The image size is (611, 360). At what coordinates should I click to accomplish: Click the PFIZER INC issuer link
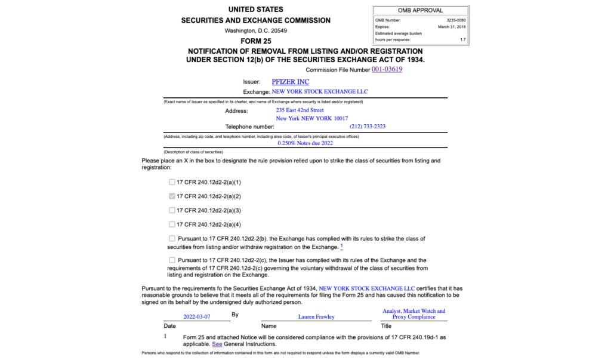pos(290,82)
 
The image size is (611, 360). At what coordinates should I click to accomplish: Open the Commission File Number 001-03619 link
pos(387,69)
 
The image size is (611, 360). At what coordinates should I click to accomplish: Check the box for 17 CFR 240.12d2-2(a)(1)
pos(172,182)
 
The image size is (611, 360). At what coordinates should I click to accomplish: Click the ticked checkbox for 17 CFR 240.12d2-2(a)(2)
pos(172,196)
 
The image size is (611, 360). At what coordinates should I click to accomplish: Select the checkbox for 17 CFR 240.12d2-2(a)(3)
pos(172,210)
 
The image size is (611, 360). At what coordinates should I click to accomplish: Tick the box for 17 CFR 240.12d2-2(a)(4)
pos(172,224)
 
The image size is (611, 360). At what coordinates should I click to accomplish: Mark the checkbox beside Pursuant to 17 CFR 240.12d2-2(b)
pos(172,239)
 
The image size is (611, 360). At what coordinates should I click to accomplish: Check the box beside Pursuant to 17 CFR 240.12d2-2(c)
pos(172,260)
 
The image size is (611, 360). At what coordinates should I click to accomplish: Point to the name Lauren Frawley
pos(316,317)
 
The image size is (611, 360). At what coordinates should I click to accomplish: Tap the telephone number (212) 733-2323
pos(368,127)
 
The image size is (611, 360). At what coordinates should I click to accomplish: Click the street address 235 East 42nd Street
pos(300,110)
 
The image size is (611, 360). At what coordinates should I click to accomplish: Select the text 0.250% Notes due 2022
pos(305,143)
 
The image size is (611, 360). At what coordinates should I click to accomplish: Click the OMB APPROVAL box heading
pos(420,11)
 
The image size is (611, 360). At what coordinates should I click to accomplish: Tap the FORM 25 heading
pos(255,41)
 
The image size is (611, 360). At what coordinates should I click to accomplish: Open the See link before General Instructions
pos(217,344)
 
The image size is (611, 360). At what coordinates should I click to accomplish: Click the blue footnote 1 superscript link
pos(342,246)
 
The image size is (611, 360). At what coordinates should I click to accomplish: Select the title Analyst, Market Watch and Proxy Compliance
pos(413,314)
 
